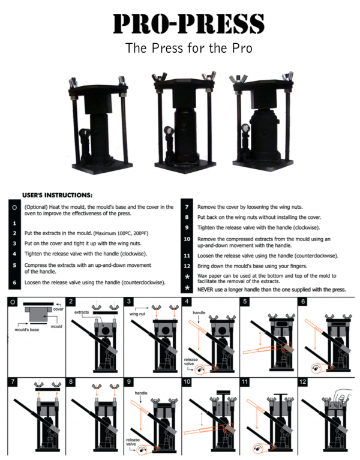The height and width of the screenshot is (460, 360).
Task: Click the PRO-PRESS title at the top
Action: pyautogui.click(x=188, y=23)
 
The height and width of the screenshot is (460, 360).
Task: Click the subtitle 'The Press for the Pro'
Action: pyautogui.click(x=188, y=48)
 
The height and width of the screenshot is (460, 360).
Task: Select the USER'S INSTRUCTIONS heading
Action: pyautogui.click(x=57, y=195)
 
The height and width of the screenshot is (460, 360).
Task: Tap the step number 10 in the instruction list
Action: pyautogui.click(x=187, y=239)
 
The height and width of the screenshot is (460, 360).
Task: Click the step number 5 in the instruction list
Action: pyautogui.click(x=14, y=265)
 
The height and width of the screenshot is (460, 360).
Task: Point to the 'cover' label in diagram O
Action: pyautogui.click(x=58, y=309)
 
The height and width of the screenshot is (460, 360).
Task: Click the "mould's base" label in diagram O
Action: pyautogui.click(x=26, y=329)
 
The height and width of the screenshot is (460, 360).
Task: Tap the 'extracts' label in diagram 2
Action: pyautogui.click(x=82, y=312)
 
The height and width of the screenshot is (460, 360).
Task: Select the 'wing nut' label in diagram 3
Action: pyautogui.click(x=137, y=314)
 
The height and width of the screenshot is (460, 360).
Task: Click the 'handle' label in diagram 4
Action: pyautogui.click(x=199, y=312)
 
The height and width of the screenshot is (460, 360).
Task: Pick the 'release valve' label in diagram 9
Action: pyautogui.click(x=133, y=442)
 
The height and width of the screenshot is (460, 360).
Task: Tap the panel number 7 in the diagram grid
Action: pyautogui.click(x=13, y=381)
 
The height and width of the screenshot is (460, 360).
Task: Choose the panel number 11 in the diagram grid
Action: pyautogui.click(x=245, y=381)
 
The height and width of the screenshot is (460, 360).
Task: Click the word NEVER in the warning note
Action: pyautogui.click(x=205, y=290)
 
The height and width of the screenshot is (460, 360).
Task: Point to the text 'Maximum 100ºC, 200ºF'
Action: pyautogui.click(x=121, y=233)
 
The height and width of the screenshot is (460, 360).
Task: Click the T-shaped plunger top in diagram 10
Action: pyautogui.click(x=224, y=392)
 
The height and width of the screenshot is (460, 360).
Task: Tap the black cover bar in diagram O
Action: pyautogui.click(x=38, y=304)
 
